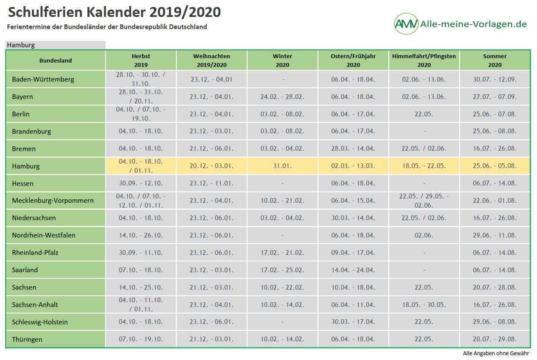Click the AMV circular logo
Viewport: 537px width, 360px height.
coord(406,24)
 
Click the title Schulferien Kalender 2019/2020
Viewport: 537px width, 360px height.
coord(114,12)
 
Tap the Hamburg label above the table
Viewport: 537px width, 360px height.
coord(21,45)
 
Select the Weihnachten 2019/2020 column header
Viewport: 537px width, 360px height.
coord(212,60)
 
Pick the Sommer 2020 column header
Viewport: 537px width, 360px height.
coord(494,60)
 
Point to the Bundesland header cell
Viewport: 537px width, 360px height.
coord(56,61)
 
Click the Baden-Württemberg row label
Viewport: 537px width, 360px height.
coord(43,79)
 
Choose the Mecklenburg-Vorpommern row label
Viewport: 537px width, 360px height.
coord(53,201)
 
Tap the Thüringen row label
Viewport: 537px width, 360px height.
coord(27,339)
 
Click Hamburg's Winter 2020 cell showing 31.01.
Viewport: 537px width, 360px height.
coord(282,166)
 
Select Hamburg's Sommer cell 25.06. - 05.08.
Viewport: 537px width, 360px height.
coord(494,166)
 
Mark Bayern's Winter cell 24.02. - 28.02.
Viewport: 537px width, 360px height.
coord(282,97)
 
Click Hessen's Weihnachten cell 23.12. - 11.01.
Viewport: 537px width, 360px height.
coord(212,183)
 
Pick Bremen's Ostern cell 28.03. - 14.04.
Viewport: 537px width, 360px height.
coord(353,149)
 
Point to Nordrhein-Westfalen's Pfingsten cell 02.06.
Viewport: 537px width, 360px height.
coord(424,235)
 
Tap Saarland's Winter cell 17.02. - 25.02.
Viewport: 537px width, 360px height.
coord(282,270)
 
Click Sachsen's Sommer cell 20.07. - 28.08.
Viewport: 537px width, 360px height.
coord(494,287)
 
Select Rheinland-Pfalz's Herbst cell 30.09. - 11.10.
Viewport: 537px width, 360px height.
coord(141,253)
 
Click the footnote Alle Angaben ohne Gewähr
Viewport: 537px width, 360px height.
coord(496,353)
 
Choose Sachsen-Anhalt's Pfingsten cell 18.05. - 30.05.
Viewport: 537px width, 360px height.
coord(424,305)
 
